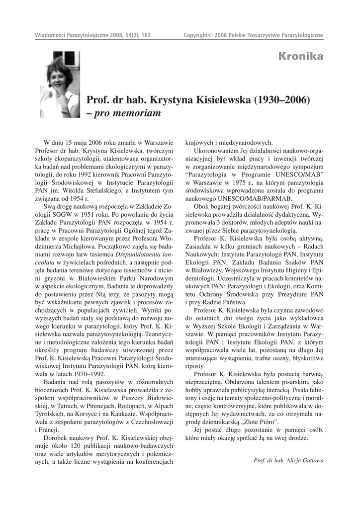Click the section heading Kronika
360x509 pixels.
[x=301, y=56]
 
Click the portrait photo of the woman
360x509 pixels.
[x=60, y=84]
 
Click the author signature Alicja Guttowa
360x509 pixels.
[x=304, y=460]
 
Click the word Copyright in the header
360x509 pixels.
[x=196, y=35]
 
